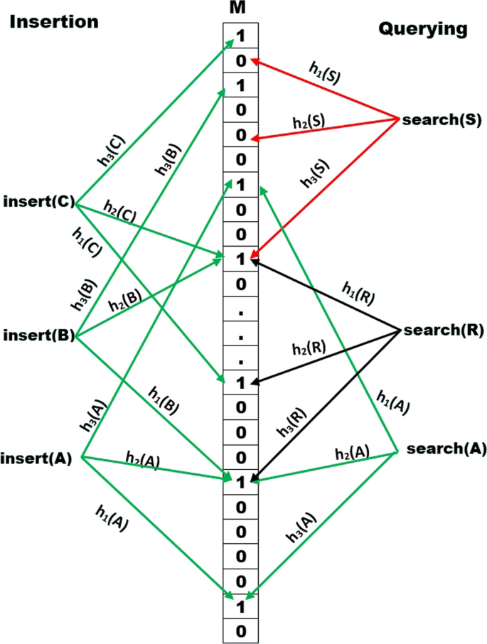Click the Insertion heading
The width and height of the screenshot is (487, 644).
point(53,21)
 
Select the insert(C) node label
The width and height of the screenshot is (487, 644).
point(39,201)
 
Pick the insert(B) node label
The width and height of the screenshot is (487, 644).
point(39,333)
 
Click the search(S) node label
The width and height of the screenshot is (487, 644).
point(438,120)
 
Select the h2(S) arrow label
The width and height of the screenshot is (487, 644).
point(309,121)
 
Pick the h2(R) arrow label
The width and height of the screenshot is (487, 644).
point(309,348)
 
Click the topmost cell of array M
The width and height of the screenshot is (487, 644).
point(241,35)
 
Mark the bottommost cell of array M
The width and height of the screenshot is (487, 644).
point(241,630)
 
